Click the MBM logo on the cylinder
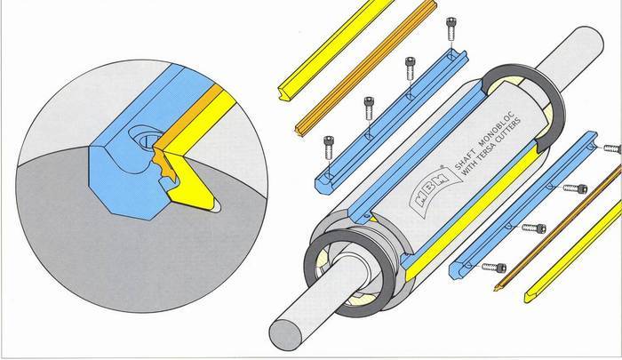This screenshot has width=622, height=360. (x=435, y=187)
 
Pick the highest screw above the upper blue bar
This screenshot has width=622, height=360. (x=451, y=28)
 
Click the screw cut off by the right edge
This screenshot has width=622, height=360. (x=612, y=148)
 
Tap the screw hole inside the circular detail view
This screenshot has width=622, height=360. (x=145, y=139)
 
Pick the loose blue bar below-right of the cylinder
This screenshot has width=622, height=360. (x=523, y=205)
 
